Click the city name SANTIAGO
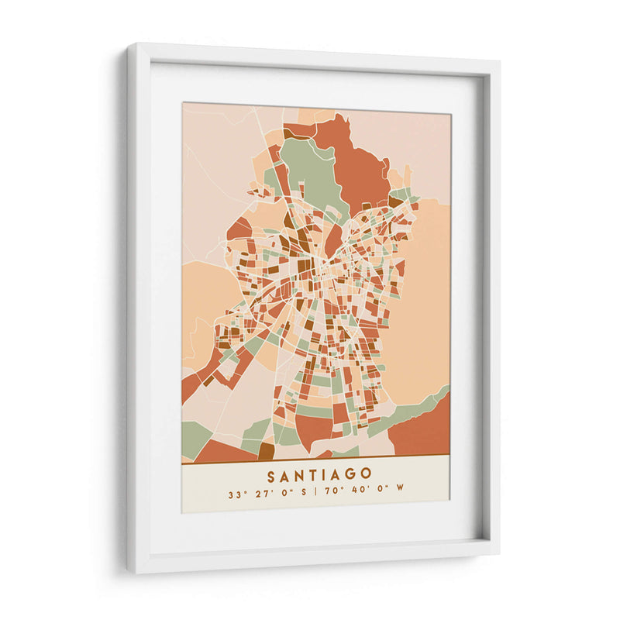(319, 473)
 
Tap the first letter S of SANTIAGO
(271, 473)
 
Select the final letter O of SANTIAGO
(366, 473)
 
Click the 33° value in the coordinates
(235, 492)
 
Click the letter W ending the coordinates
(401, 492)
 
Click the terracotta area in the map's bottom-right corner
(422, 434)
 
